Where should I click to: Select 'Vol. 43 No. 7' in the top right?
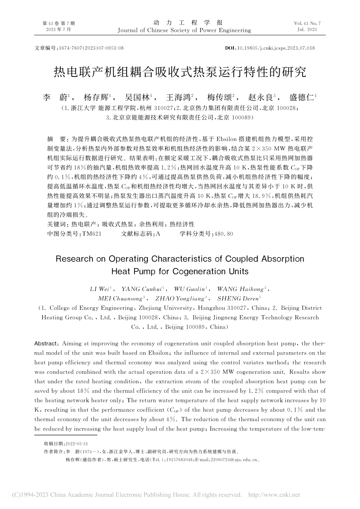307,23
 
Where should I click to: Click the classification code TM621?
92,234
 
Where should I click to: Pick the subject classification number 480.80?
224,234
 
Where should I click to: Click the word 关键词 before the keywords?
56,225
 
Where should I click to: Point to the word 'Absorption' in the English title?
282,259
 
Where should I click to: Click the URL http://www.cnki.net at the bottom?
274,495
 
